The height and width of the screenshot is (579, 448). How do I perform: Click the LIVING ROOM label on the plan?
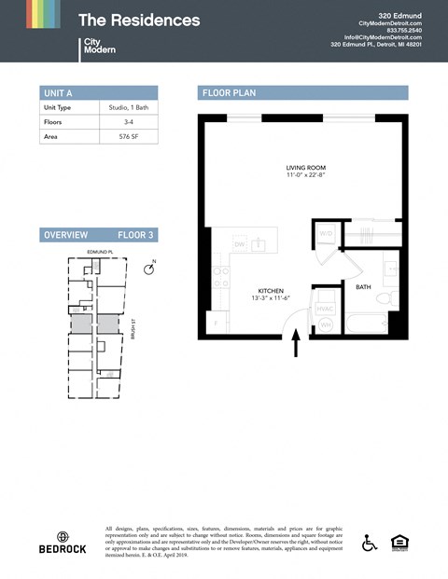pyautogui.click(x=306, y=169)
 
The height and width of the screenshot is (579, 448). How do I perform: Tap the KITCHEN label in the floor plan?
pyautogui.click(x=270, y=291)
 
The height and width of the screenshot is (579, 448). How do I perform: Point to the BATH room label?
pyautogui.click(x=364, y=287)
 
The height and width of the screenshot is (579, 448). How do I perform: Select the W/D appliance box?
pyautogui.click(x=327, y=232)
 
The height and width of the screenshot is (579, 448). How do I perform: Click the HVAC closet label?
pyautogui.click(x=325, y=307)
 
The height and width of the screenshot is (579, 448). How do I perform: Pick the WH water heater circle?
pyautogui.click(x=326, y=324)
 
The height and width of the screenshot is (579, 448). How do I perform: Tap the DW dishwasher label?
pyautogui.click(x=240, y=245)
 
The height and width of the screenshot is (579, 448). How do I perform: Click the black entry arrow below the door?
pyautogui.click(x=297, y=346)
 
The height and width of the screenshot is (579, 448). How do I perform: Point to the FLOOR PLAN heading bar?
pyautogui.click(x=304, y=92)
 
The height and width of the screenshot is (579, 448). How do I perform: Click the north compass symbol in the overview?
pyautogui.click(x=147, y=269)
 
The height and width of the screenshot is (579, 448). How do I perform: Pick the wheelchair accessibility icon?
pyautogui.click(x=370, y=543)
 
